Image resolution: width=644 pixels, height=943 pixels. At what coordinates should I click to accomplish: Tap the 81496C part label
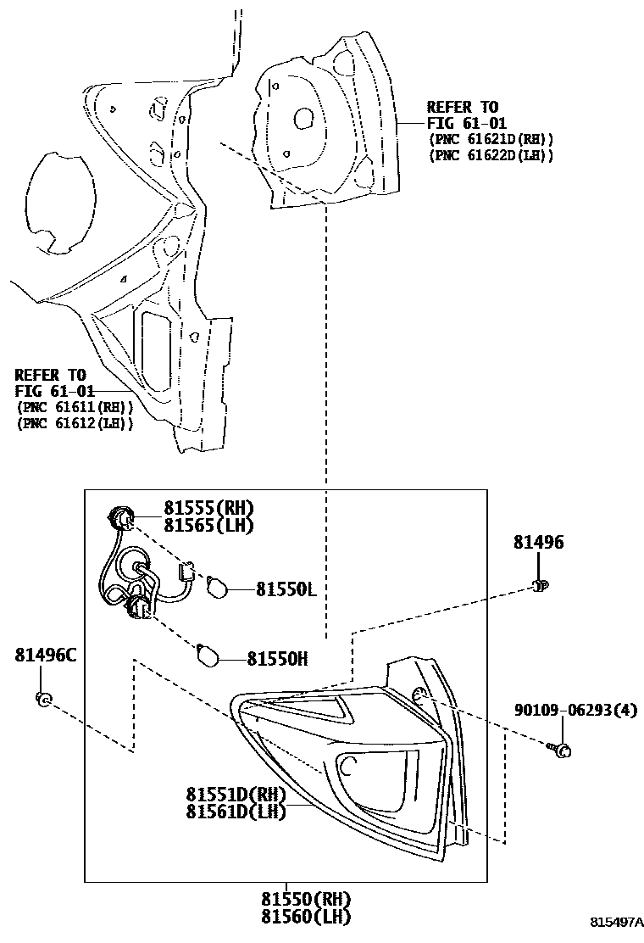point(45,655)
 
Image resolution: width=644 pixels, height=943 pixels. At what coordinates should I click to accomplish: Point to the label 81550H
point(277,658)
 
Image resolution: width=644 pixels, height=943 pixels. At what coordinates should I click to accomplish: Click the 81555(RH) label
point(208,508)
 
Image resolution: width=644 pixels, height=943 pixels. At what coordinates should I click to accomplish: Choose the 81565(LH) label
point(208,525)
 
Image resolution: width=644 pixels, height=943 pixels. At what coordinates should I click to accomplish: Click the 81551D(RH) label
point(236,795)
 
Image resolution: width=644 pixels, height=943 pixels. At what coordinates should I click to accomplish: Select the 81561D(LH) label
point(236,812)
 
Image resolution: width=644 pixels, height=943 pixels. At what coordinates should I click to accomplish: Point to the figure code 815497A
point(617,922)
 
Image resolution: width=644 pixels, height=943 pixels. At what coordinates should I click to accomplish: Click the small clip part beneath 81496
point(540,584)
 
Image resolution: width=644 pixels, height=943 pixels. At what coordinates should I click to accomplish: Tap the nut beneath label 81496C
point(43,699)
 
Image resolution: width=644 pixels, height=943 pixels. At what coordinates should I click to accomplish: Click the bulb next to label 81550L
point(217,585)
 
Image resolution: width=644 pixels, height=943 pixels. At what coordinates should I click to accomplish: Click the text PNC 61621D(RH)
point(491,139)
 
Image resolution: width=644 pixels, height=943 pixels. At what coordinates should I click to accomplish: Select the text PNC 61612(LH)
point(75,423)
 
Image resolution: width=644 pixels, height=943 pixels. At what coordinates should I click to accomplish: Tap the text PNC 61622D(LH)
point(491,155)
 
